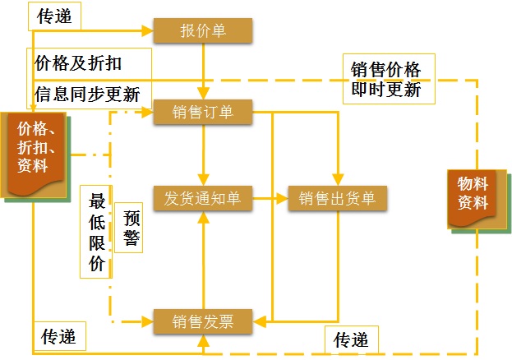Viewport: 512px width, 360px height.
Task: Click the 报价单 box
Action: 202,32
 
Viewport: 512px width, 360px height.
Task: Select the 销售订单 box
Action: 202,113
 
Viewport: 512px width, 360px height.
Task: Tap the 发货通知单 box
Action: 202,198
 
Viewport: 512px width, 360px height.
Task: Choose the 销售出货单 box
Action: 337,198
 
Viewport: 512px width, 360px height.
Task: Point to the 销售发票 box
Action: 202,321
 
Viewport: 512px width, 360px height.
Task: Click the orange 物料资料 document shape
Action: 473,197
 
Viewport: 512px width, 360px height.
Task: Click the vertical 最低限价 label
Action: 97,233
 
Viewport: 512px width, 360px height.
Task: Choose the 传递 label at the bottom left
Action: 58,336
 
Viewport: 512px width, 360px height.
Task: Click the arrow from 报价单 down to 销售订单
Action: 202,72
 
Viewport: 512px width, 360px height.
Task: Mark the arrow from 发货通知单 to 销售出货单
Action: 270,198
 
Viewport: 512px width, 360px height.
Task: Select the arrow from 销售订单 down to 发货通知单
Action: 202,155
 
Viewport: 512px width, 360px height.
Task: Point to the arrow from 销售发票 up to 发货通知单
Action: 202,259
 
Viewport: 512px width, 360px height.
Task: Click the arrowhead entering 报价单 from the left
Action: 149,32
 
